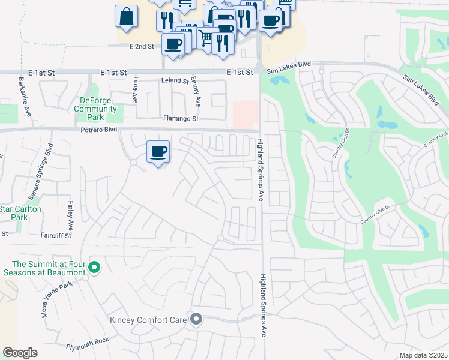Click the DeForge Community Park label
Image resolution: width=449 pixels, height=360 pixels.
click(x=95, y=109)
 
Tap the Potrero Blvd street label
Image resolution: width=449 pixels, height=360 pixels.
click(x=98, y=130)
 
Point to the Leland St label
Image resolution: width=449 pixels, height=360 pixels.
click(x=175, y=80)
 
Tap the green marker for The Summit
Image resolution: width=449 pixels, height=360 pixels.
click(x=94, y=266)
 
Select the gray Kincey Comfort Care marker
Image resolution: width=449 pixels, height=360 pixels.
click(x=196, y=319)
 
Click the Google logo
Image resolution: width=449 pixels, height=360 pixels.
click(x=20, y=353)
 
